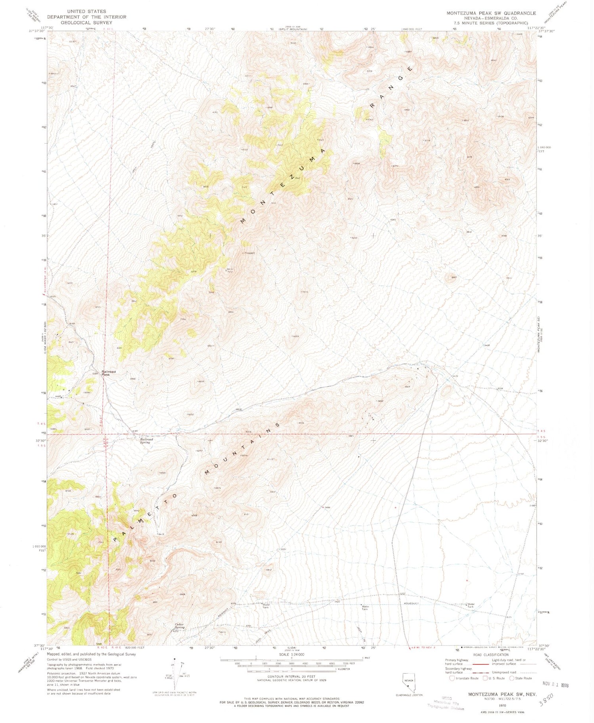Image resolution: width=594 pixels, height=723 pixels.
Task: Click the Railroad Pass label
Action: [x=108, y=373]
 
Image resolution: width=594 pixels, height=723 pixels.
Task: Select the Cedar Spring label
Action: [x=179, y=626]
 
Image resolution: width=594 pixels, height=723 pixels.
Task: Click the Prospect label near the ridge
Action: [x=249, y=253]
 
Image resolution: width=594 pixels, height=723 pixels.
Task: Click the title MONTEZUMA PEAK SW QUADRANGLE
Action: [x=491, y=13]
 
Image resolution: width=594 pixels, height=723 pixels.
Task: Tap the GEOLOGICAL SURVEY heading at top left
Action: [x=86, y=23]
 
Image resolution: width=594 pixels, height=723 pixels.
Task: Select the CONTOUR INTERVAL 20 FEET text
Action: [x=291, y=677]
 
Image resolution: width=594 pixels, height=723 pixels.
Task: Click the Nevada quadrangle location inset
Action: [x=409, y=684]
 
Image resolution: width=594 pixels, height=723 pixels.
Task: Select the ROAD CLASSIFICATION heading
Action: [x=491, y=655]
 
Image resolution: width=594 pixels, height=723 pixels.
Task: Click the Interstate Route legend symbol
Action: [x=452, y=678]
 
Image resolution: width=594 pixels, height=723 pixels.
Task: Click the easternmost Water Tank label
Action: [x=471, y=605]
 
